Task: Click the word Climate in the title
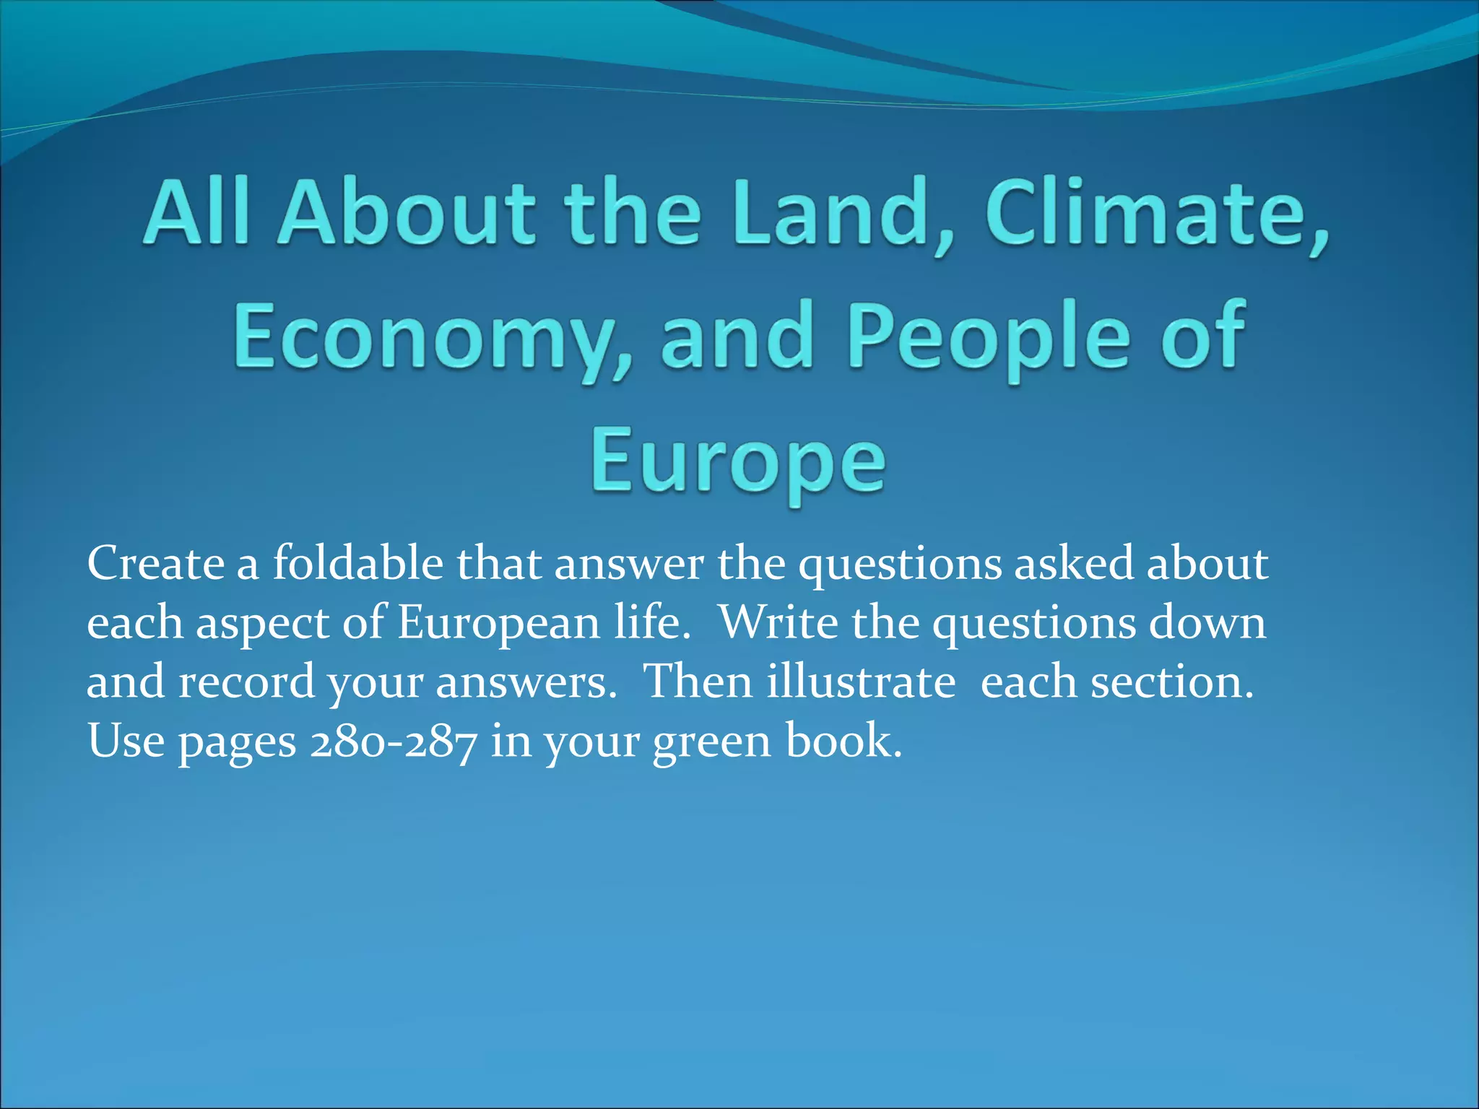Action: [x=1155, y=212]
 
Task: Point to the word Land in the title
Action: [x=842, y=212]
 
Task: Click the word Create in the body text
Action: [x=156, y=564]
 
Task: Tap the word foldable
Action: [x=357, y=564]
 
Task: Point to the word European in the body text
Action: [x=498, y=623]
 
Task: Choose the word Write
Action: [x=778, y=623]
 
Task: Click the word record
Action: [x=246, y=682]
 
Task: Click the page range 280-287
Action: [x=394, y=741]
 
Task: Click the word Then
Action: [x=698, y=682]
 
